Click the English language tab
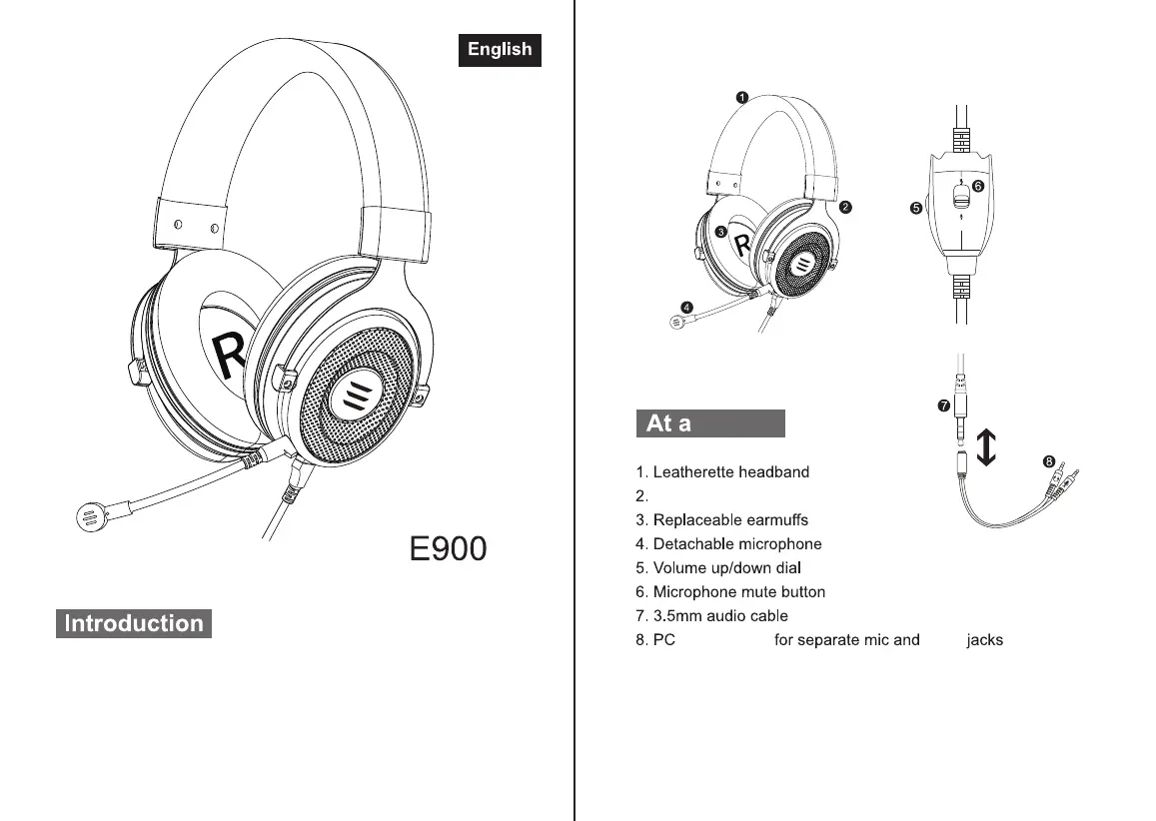[x=500, y=50]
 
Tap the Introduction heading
[x=134, y=624]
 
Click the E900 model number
[x=449, y=548]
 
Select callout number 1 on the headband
[x=742, y=97]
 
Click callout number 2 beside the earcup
[x=845, y=208]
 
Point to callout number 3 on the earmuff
[x=720, y=232]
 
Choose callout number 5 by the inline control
[x=915, y=209]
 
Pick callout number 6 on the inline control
[x=977, y=186]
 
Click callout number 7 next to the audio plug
[x=942, y=406]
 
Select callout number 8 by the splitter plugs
[x=1049, y=461]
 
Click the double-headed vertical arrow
[x=986, y=445]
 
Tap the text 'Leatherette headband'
[x=730, y=472]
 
